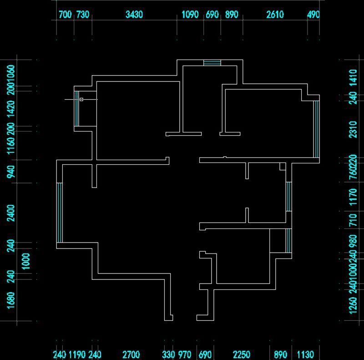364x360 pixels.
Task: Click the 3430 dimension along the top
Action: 134,15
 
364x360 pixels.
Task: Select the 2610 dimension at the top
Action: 275,15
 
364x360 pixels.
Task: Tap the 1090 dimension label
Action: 190,15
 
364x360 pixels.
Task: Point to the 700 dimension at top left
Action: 66,15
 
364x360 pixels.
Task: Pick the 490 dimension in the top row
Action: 313,15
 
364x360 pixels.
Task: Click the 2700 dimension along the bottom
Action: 131,355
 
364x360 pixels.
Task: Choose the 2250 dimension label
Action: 242,355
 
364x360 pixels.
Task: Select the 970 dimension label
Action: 184,355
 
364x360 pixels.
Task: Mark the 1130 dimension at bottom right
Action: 305,355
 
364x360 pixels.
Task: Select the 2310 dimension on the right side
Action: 353,129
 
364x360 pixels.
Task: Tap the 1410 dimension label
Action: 353,78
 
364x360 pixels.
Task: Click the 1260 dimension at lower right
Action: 353,305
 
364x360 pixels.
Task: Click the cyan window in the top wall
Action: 212,63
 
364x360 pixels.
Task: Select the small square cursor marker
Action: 81,99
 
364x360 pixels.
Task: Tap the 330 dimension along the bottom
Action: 168,355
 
